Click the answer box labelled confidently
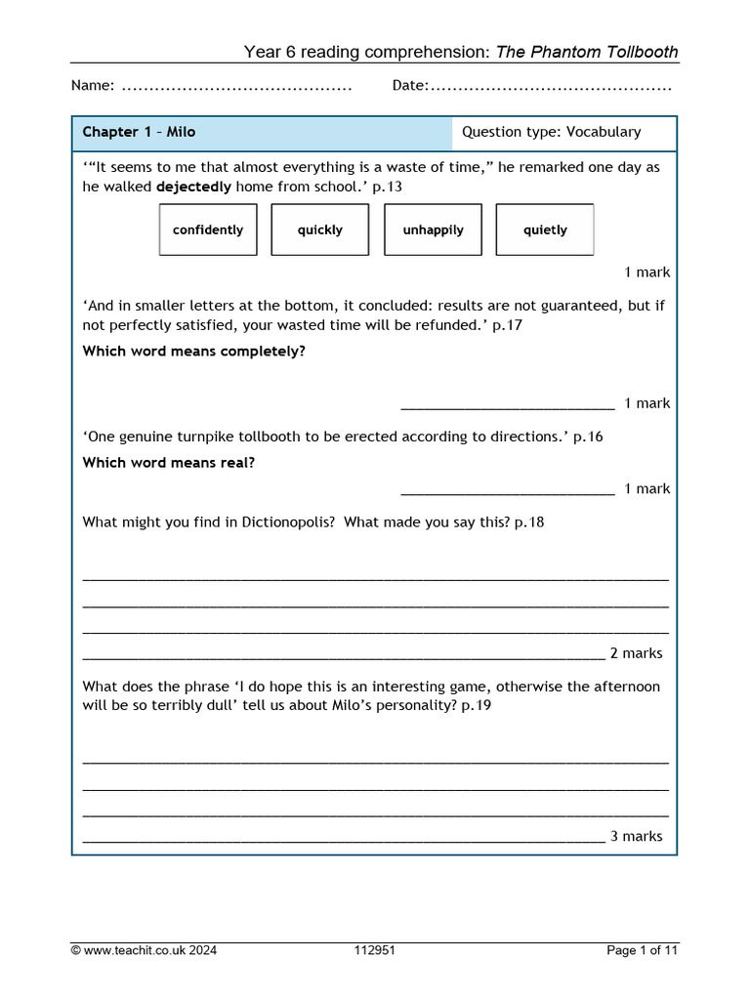pyautogui.click(x=208, y=229)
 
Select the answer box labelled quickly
pyautogui.click(x=320, y=229)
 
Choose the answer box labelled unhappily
pyautogui.click(x=433, y=229)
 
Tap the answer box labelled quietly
pyautogui.click(x=545, y=229)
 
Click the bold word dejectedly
pyautogui.click(x=193, y=186)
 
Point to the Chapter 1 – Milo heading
pyautogui.click(x=139, y=132)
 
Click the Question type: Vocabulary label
pyautogui.click(x=551, y=132)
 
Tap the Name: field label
pyautogui.click(x=93, y=86)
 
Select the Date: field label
pyautogui.click(x=410, y=86)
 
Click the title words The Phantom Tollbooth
pyautogui.click(x=587, y=52)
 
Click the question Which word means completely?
pyautogui.click(x=193, y=351)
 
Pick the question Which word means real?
pyautogui.click(x=168, y=463)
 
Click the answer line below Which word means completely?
pyautogui.click(x=508, y=404)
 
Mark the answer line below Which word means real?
pyautogui.click(x=508, y=490)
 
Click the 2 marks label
pyautogui.click(x=636, y=653)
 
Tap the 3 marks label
pyautogui.click(x=636, y=836)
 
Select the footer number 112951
pyautogui.click(x=375, y=950)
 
